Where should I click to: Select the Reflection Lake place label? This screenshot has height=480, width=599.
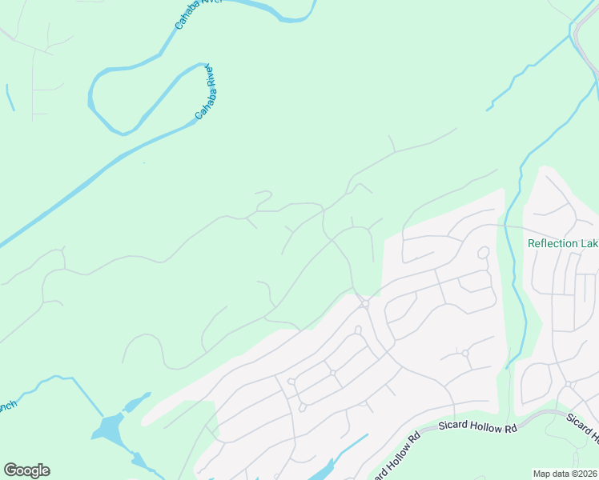point(562,244)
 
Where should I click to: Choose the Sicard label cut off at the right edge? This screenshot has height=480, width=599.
point(583,429)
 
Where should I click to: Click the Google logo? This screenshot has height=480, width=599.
point(26,470)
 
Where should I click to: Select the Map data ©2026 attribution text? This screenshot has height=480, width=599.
point(564,474)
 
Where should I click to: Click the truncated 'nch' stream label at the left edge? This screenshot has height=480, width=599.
point(7,406)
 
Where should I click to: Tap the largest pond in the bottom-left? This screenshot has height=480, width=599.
point(107,429)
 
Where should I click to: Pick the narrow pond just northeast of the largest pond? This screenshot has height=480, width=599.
point(137,401)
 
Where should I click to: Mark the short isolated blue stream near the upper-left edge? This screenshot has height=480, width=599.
point(10,98)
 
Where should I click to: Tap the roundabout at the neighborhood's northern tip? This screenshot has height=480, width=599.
point(364,303)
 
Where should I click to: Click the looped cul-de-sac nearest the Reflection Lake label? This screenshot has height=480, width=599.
point(483,253)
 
